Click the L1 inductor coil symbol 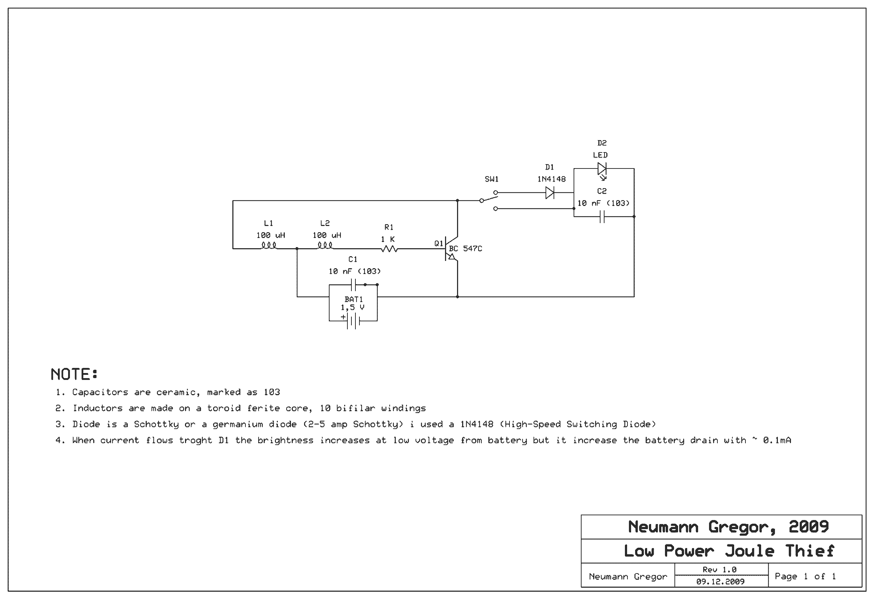269,246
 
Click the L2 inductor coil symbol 325,246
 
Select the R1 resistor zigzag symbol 389,249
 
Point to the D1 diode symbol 550,193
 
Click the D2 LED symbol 602,169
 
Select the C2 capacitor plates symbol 602,217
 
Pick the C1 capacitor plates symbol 353,285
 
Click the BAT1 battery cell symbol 353,321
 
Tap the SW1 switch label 492,179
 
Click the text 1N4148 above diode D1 551,179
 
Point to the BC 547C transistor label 465,249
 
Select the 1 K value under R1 388,239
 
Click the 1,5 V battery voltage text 353,308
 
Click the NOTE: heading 74,374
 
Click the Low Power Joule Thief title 729,551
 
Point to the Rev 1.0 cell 720,570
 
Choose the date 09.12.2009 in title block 720,582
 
